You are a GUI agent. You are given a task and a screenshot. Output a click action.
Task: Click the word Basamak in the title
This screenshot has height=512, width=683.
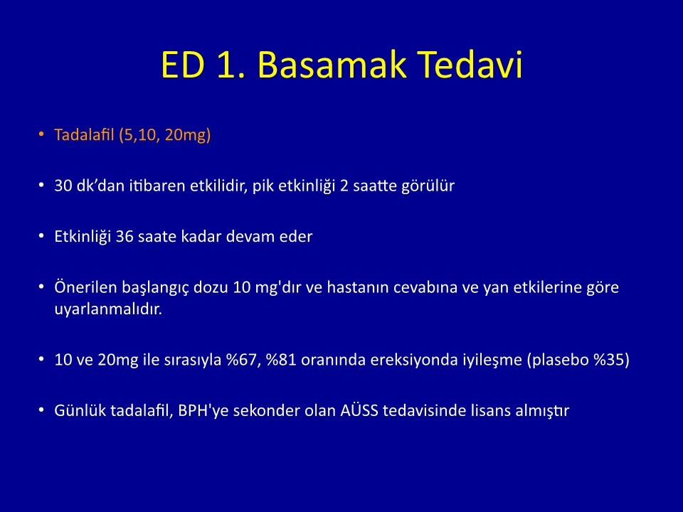click(x=332, y=65)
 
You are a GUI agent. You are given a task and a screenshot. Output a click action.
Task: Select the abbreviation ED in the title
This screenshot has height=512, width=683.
click(x=183, y=65)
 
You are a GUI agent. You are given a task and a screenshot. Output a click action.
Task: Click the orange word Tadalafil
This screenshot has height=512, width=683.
click(x=85, y=134)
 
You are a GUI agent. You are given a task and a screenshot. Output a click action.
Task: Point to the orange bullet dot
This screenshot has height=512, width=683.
click(x=41, y=134)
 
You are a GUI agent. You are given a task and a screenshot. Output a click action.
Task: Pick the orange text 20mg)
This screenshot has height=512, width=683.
click(x=188, y=135)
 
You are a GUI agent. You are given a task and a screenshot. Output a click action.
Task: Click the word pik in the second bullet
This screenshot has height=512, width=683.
click(x=263, y=186)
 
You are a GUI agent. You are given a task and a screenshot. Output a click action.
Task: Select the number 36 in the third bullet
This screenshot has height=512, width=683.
click(x=124, y=236)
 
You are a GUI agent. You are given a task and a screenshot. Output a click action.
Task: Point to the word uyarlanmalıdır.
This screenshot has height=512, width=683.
click(x=108, y=309)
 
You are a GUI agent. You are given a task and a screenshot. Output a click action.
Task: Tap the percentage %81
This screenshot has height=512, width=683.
click(x=281, y=360)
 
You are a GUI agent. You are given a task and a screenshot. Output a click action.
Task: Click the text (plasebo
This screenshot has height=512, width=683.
click(x=558, y=361)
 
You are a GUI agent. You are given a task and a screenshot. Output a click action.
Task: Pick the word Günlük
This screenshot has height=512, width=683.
click(x=80, y=410)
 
